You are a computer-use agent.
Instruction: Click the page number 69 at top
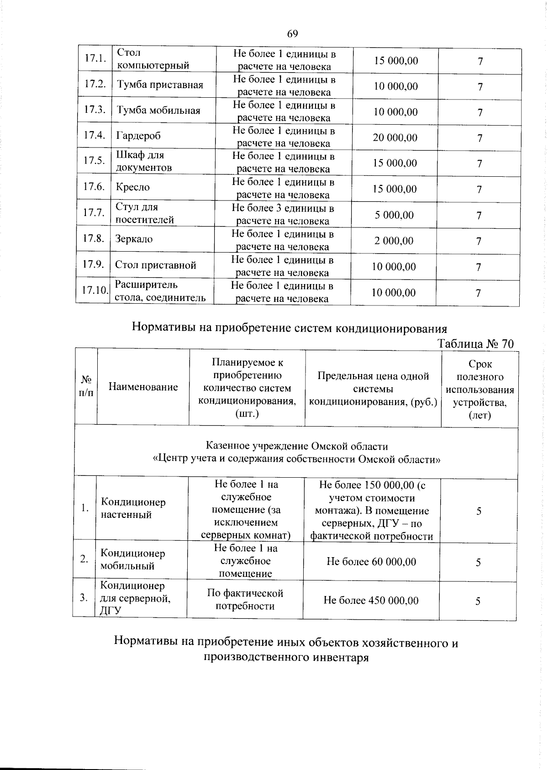[292, 34]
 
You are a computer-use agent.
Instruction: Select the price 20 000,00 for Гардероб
[395, 137]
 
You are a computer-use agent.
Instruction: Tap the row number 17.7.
[94, 213]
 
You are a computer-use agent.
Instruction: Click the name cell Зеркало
[134, 239]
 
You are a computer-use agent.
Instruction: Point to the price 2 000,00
[394, 241]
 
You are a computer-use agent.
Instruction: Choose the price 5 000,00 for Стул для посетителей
[395, 215]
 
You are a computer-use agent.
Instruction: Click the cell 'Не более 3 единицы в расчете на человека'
[283, 215]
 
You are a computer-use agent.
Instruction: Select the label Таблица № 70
[476, 344]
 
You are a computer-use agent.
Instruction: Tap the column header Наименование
[143, 387]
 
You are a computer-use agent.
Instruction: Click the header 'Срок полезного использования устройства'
[480, 390]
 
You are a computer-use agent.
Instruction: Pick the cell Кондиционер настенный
[133, 508]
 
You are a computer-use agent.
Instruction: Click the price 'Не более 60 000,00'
[371, 562]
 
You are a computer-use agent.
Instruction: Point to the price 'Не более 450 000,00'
[371, 600]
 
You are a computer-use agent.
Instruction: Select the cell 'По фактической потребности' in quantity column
[245, 600]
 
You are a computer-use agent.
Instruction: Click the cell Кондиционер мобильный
[132, 559]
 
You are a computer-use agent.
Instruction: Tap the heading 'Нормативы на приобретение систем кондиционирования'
[289, 328]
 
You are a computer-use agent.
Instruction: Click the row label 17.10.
[94, 290]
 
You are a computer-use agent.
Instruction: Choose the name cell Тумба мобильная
[158, 111]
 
